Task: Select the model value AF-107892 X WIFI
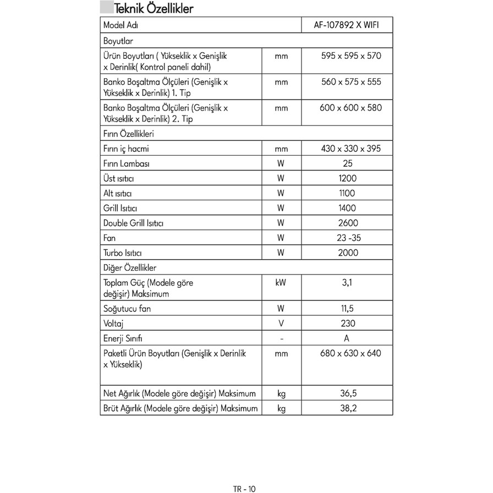pos(347,25)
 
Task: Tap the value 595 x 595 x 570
pos(350,56)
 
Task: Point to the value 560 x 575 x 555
pos(350,82)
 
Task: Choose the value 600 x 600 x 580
pos(350,108)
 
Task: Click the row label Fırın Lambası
pos(127,163)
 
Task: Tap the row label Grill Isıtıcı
pos(120,208)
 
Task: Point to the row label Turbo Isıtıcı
pos(123,253)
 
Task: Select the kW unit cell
pos(281,282)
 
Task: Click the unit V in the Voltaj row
pos(281,324)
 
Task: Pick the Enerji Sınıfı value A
pos(347,338)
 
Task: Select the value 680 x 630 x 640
pos(350,353)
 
